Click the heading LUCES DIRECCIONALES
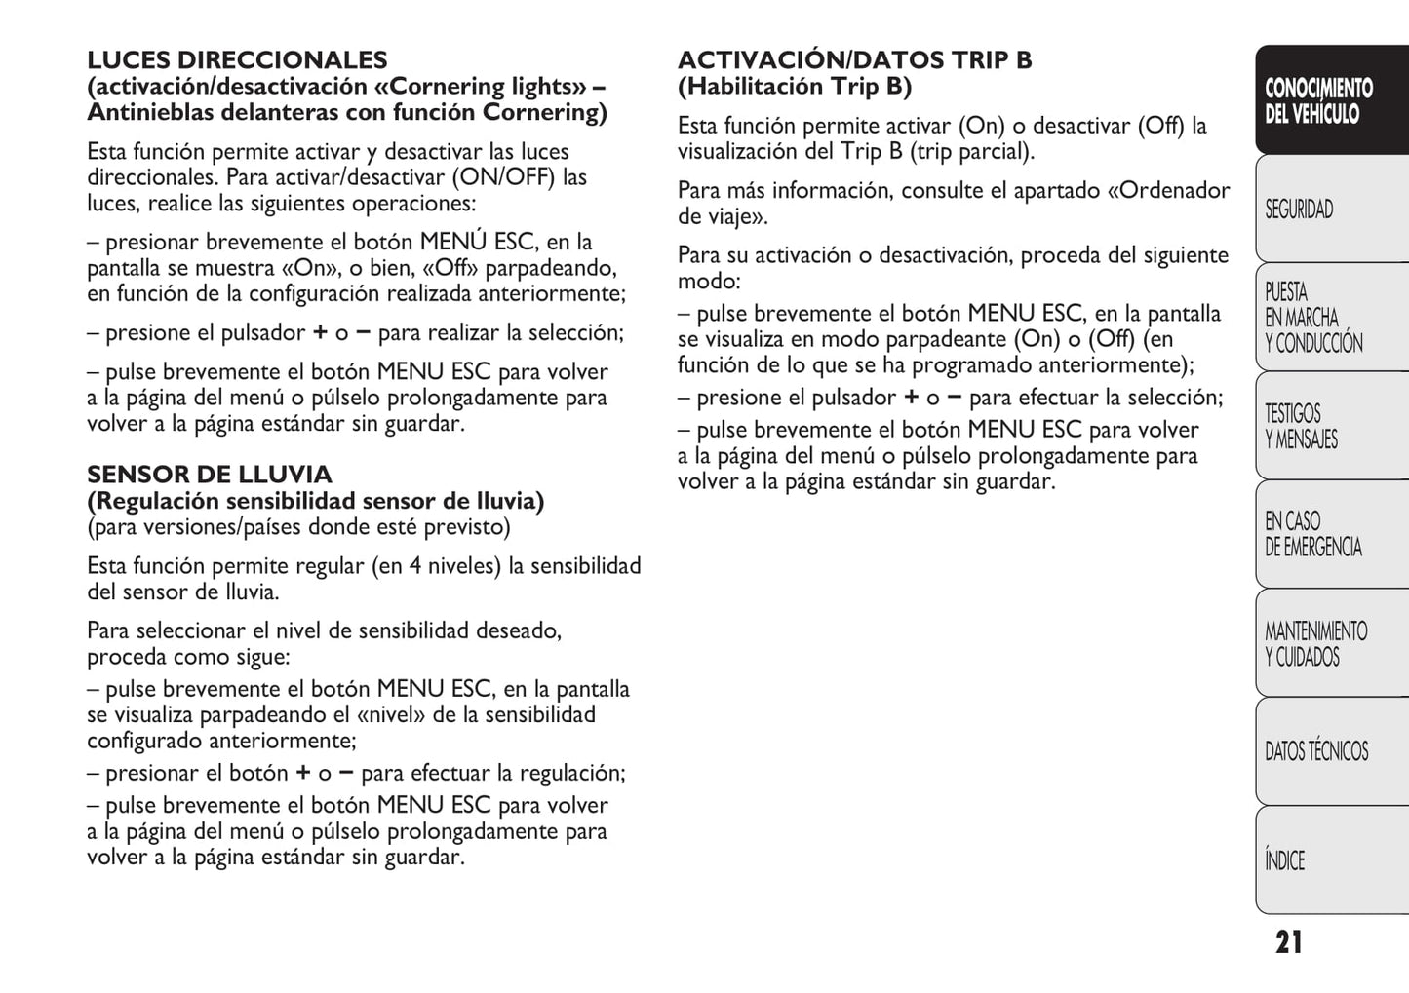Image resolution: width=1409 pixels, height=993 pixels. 237,60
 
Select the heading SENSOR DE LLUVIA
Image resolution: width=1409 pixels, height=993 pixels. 209,475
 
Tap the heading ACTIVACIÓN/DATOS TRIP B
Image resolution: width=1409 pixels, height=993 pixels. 854,60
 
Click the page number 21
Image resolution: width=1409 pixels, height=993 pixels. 1288,942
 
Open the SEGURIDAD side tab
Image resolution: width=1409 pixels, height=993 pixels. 1299,210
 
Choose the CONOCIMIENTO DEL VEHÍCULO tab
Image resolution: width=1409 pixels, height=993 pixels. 1318,101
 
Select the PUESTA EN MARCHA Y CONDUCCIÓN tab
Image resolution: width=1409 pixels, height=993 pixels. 1312,318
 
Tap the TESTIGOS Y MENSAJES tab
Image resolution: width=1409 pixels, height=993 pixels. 1302,427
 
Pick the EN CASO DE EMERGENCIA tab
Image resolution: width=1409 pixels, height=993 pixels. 1312,534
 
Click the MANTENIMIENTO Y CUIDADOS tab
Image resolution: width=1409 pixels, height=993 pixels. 1315,644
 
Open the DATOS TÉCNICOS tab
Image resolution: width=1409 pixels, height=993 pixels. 1316,751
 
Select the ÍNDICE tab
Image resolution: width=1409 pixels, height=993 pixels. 1284,860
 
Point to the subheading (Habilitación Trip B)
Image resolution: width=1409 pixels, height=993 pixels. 795,87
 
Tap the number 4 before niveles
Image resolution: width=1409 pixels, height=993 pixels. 415,566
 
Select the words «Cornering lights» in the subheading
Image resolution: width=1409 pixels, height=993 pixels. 481,87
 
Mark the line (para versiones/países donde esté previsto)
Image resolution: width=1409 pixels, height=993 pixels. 298,527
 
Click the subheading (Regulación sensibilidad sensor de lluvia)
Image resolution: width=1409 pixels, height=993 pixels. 315,501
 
